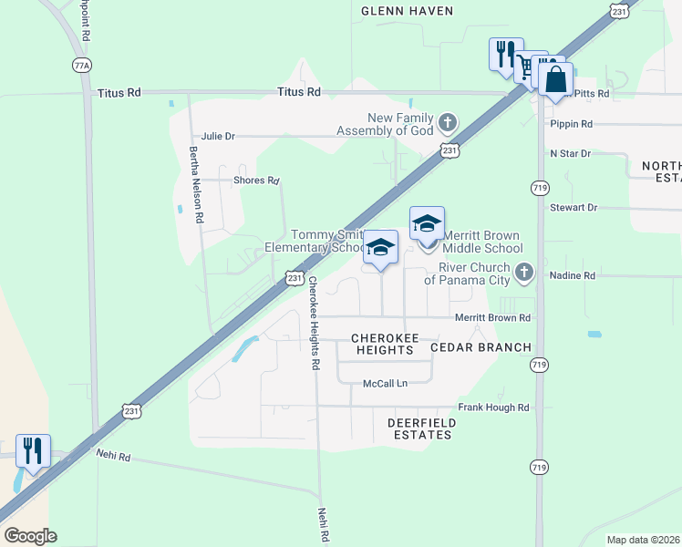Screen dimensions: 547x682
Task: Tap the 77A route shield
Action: point(81,66)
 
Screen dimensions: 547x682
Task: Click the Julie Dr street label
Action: point(218,136)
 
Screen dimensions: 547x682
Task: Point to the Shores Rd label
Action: point(255,181)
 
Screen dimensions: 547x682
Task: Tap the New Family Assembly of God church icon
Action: point(447,122)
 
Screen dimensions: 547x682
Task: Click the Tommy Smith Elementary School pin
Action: point(380,247)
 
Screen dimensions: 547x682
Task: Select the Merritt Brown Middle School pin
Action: point(427,223)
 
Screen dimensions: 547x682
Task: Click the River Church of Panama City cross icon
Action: point(523,272)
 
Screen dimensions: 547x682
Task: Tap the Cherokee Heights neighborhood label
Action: point(385,344)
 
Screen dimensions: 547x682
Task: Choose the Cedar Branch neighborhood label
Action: point(480,347)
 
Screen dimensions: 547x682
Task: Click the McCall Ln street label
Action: point(385,383)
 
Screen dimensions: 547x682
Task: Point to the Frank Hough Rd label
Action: point(493,408)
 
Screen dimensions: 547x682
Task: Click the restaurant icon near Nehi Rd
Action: point(33,451)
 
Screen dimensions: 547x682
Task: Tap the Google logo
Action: point(30,536)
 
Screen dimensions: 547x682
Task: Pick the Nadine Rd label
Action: point(573,275)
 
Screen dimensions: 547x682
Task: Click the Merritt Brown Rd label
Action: point(492,318)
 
